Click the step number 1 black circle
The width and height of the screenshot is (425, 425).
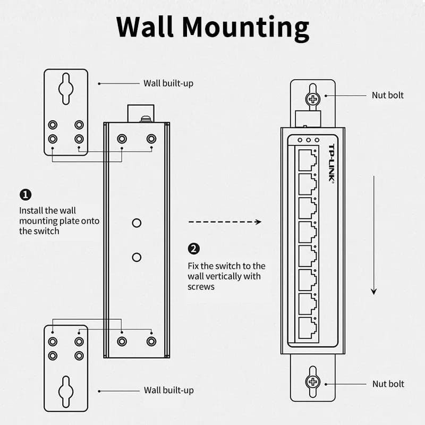[25, 195]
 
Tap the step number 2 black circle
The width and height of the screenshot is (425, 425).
[194, 249]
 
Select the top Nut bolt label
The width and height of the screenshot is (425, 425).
[387, 95]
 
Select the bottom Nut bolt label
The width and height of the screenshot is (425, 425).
[388, 384]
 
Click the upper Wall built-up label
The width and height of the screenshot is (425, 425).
[168, 83]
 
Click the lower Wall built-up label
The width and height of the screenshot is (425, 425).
[168, 390]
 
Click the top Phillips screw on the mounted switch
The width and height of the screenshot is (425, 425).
[312, 99]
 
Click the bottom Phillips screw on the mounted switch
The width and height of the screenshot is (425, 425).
[312, 381]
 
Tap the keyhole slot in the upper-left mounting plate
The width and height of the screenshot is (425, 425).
[66, 88]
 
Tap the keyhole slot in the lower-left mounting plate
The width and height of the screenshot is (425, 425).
[66, 392]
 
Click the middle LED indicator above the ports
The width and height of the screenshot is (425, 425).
[308, 140]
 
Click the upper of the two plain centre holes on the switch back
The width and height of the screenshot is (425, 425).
[137, 223]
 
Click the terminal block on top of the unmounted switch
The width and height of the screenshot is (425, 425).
[140, 113]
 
